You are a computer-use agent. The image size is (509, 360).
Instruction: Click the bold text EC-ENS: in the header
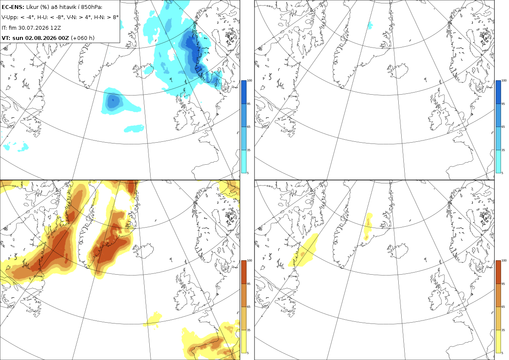13,7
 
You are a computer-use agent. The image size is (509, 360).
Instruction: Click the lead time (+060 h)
82,38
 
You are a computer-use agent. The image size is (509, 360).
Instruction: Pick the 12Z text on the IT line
56,28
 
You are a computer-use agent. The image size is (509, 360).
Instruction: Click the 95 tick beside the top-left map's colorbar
249,104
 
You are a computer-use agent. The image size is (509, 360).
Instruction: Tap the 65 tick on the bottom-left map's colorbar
249,307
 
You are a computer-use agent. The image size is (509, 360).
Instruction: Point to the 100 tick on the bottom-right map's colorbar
504,261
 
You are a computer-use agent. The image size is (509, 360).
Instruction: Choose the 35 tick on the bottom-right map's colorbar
503,330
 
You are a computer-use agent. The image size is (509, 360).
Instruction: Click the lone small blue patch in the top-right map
370,25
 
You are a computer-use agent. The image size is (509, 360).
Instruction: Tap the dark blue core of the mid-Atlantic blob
113,100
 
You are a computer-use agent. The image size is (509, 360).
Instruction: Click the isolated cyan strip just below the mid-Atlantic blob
134,129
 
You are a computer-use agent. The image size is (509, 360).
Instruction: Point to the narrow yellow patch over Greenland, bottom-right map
368,226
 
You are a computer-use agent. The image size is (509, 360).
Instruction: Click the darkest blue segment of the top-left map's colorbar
243,92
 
